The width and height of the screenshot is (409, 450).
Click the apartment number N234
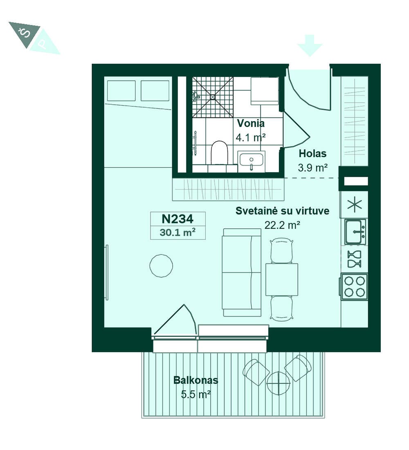[178, 219]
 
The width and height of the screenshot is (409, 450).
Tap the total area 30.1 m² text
[178, 232]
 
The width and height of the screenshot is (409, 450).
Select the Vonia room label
[251, 124]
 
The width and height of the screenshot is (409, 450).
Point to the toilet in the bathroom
[219, 153]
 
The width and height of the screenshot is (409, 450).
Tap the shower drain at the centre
[212, 97]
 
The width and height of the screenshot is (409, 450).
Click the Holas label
[312, 153]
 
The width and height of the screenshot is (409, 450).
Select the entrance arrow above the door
[310, 45]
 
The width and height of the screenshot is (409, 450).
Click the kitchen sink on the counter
[355, 232]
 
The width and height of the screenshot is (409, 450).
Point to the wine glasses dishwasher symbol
[354, 259]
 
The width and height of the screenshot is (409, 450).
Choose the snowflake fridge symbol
[355, 205]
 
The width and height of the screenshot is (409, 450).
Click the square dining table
[281, 279]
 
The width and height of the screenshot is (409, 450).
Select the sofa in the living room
[242, 272]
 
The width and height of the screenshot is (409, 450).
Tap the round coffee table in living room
[161, 266]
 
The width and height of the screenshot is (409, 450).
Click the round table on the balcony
[279, 383]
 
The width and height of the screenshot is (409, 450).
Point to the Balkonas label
[196, 380]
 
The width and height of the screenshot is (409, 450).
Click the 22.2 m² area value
[282, 225]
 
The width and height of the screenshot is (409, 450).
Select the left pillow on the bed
[121, 91]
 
